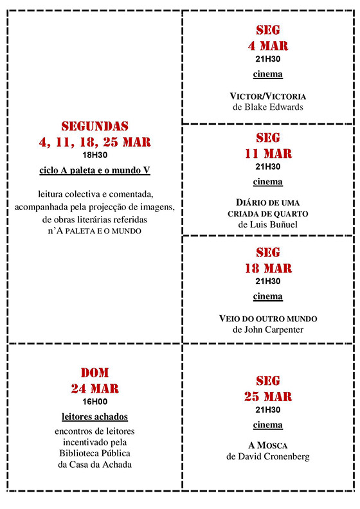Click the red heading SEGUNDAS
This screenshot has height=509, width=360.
94,126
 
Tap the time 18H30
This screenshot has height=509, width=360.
94,155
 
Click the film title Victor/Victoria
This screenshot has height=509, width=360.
267,96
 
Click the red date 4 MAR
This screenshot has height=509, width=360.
267,46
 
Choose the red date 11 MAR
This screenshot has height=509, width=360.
267,154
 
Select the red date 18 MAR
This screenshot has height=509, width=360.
267,267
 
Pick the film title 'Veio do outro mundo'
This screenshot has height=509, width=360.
267,318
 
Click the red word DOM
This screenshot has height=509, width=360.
94,373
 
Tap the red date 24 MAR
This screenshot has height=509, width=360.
94,388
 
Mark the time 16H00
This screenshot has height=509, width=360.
94,401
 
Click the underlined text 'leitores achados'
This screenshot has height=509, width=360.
94,416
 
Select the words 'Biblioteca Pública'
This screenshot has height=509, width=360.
94,454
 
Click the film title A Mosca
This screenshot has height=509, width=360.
267,445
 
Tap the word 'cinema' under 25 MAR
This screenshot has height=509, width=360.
267,425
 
